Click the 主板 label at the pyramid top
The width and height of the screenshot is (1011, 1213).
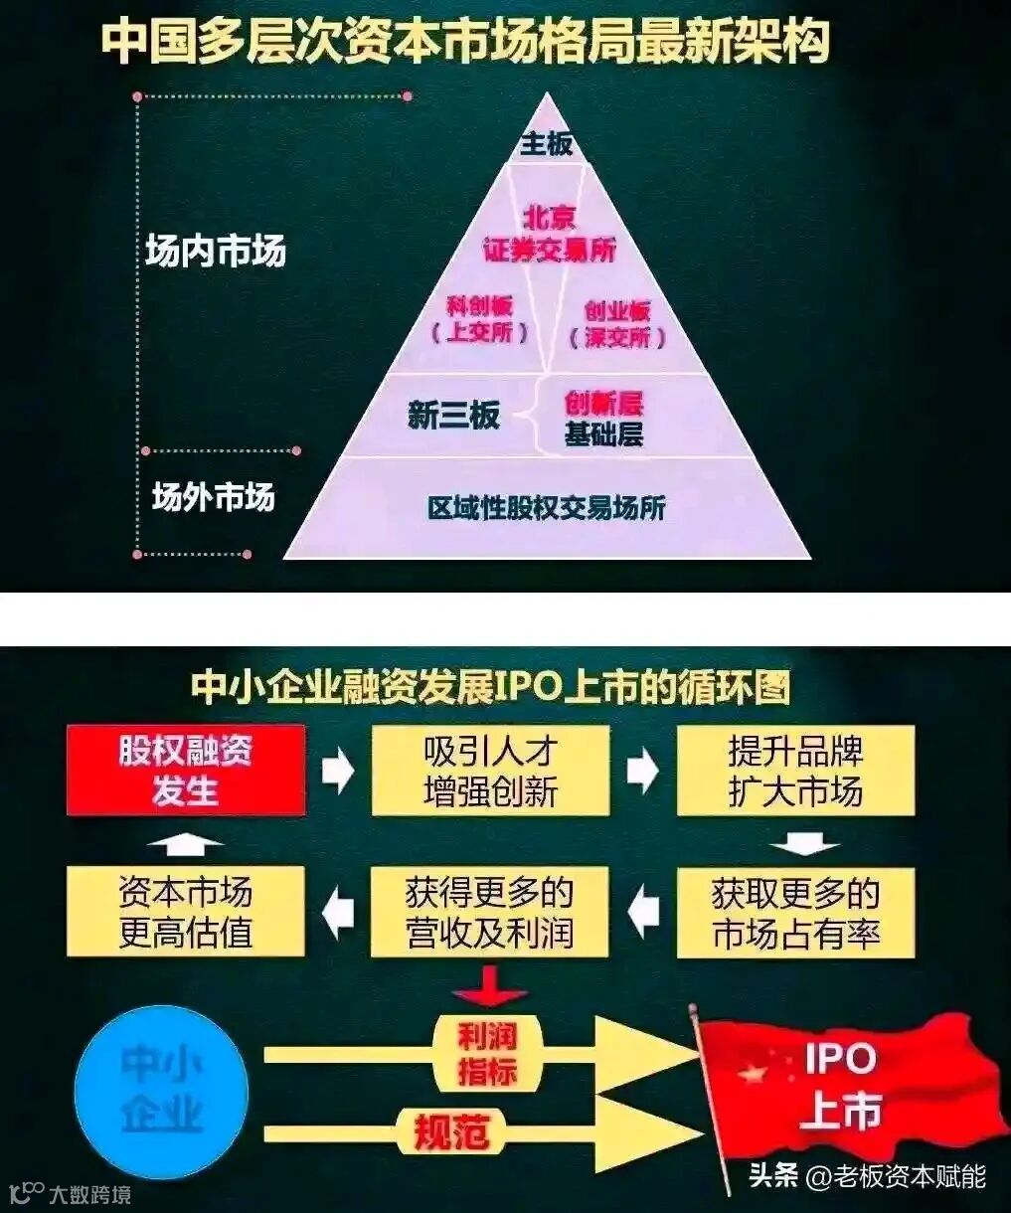click(546, 145)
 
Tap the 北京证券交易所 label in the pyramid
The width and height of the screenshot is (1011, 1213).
click(549, 234)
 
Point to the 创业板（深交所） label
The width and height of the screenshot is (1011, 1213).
click(616, 324)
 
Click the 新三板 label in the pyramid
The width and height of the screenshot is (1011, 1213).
click(453, 415)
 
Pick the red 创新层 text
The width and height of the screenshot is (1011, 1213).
click(603, 403)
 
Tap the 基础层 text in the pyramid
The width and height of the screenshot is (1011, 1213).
click(603, 434)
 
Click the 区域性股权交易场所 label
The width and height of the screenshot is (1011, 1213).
click(546, 508)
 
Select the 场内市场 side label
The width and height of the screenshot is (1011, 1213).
click(215, 251)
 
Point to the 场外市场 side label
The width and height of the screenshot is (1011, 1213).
click(213, 496)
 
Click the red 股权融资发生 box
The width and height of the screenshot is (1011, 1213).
click(186, 771)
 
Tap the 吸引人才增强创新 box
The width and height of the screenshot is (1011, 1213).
click(490, 771)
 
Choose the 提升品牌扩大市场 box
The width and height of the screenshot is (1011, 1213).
click(795, 771)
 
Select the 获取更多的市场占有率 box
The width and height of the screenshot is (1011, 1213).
click(795, 913)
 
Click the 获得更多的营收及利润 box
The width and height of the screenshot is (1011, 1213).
click(489, 913)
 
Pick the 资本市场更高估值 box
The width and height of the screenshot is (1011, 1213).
click(186, 913)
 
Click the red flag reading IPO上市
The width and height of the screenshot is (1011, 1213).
click(845, 1085)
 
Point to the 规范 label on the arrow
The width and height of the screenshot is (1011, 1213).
click(451, 1131)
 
